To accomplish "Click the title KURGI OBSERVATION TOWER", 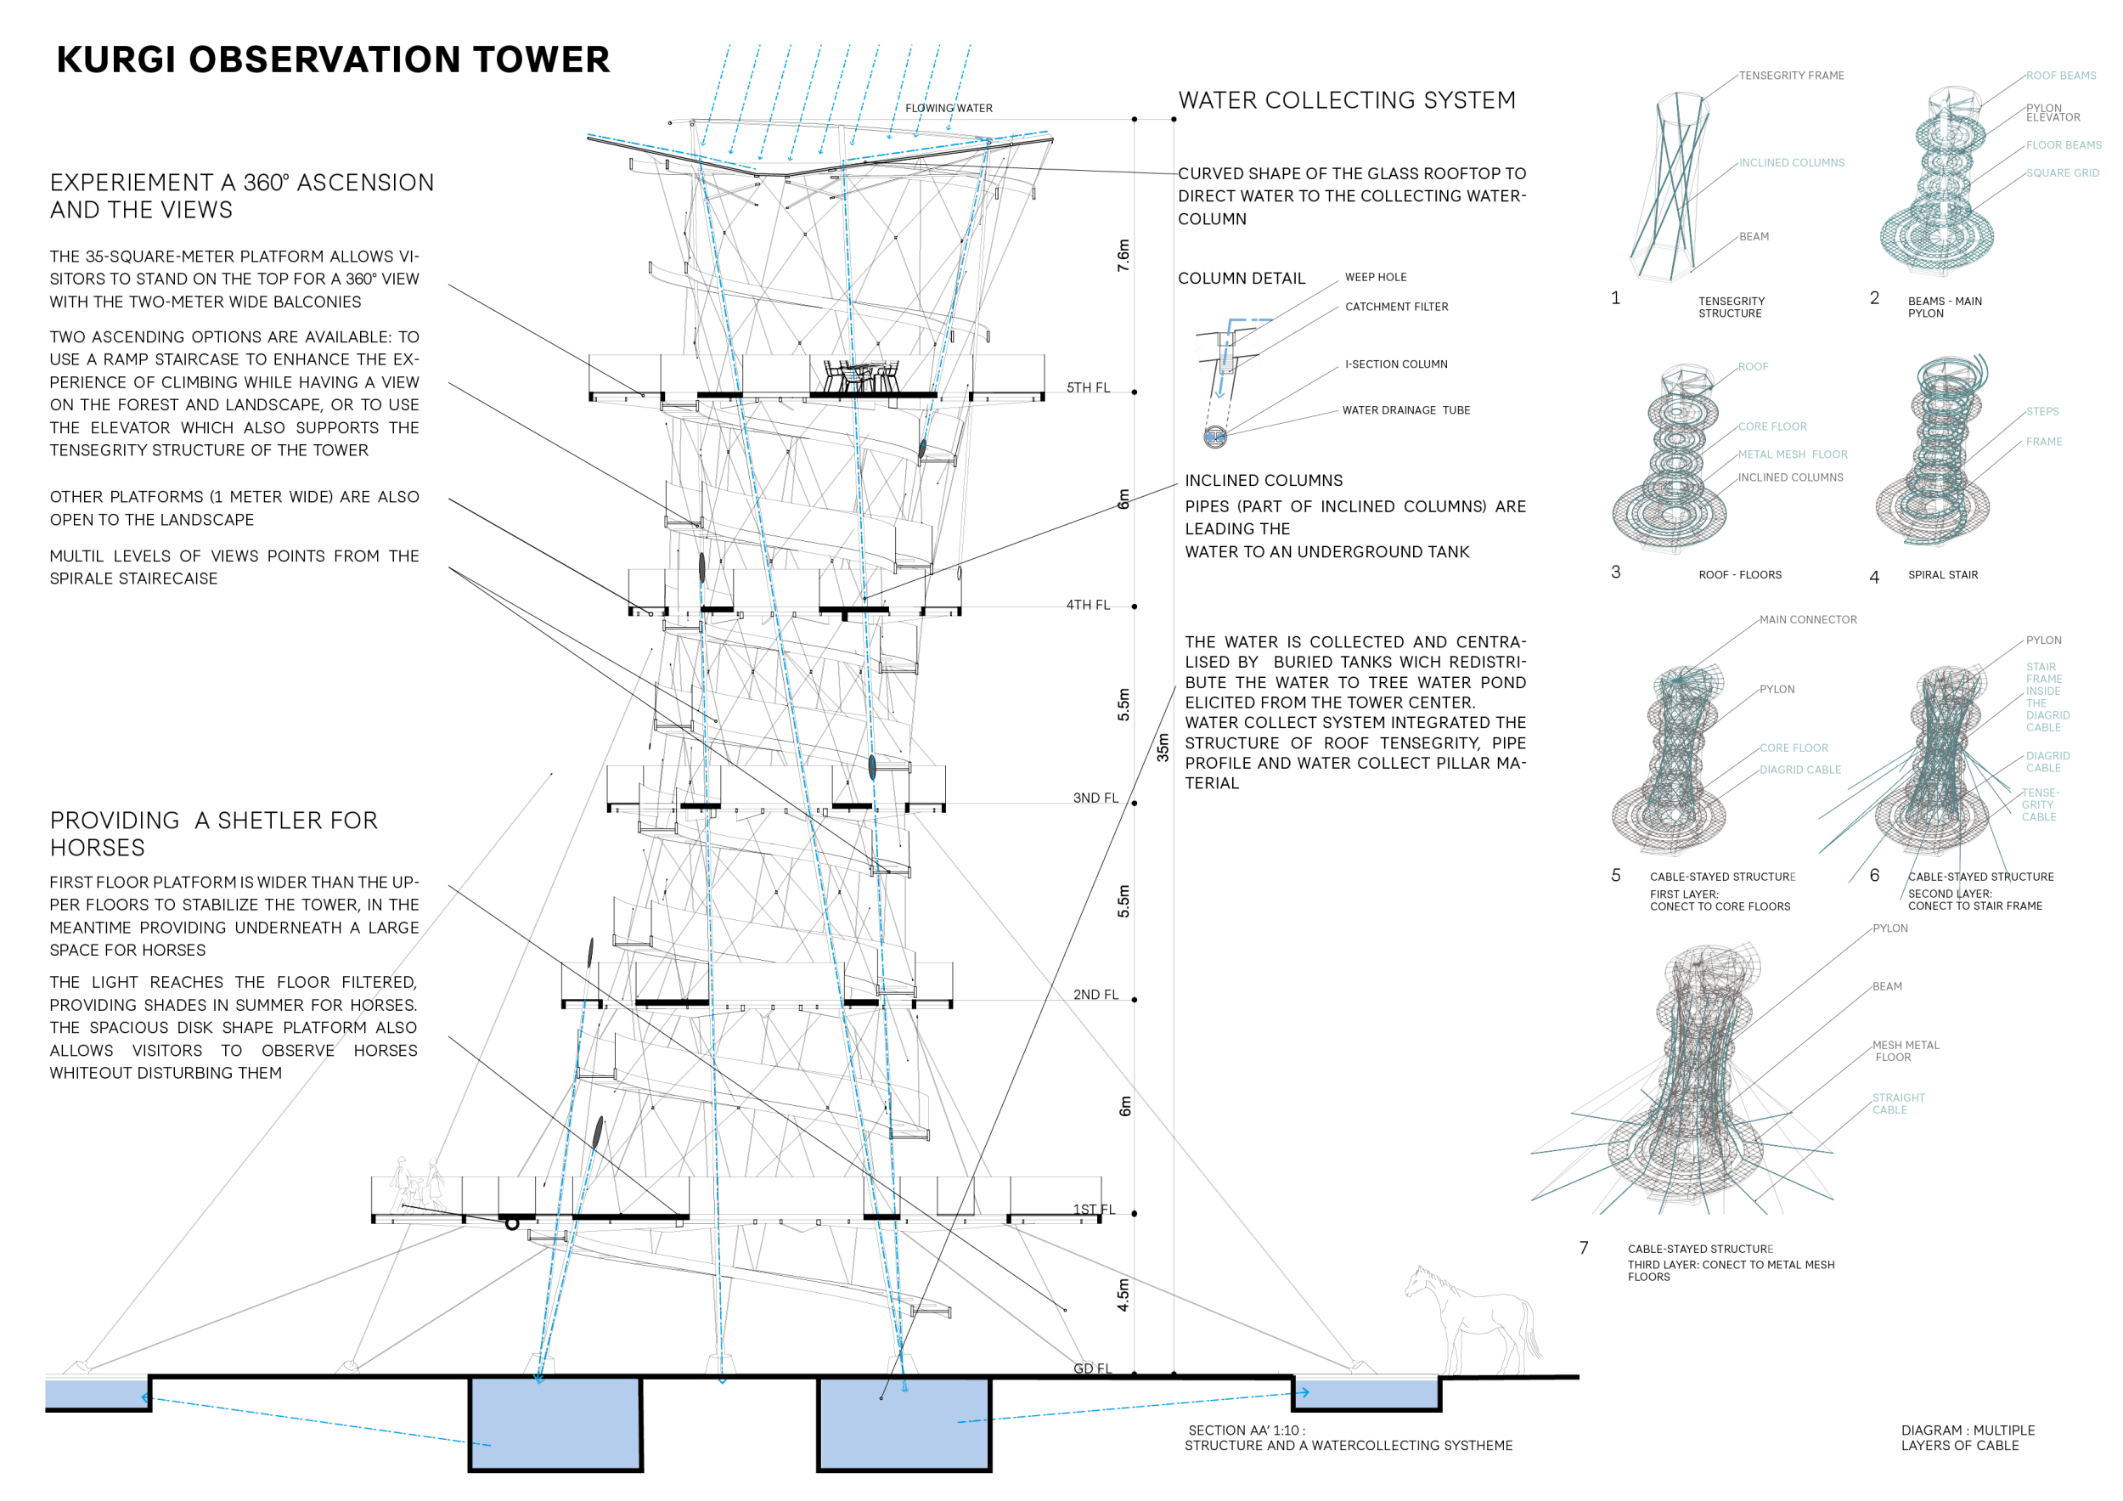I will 333,60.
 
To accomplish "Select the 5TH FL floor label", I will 1089,387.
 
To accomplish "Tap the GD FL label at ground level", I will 1092,1368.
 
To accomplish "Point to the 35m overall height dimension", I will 1163,748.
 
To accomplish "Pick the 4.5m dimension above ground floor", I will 1123,1295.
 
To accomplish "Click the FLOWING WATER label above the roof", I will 949,108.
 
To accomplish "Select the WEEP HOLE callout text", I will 1375,278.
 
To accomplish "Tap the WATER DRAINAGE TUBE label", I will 1405,410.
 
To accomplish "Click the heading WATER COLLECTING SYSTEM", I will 1346,100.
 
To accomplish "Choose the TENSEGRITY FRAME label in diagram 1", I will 1791,76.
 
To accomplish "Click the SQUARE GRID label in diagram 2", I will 2062,173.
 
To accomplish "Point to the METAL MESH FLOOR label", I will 1792,454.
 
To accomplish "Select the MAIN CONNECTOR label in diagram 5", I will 1808,619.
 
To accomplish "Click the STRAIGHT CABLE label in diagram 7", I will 1897,1103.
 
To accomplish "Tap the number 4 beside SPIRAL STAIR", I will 1874,577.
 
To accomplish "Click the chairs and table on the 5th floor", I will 861,376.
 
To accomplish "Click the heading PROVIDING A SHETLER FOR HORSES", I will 214,833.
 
